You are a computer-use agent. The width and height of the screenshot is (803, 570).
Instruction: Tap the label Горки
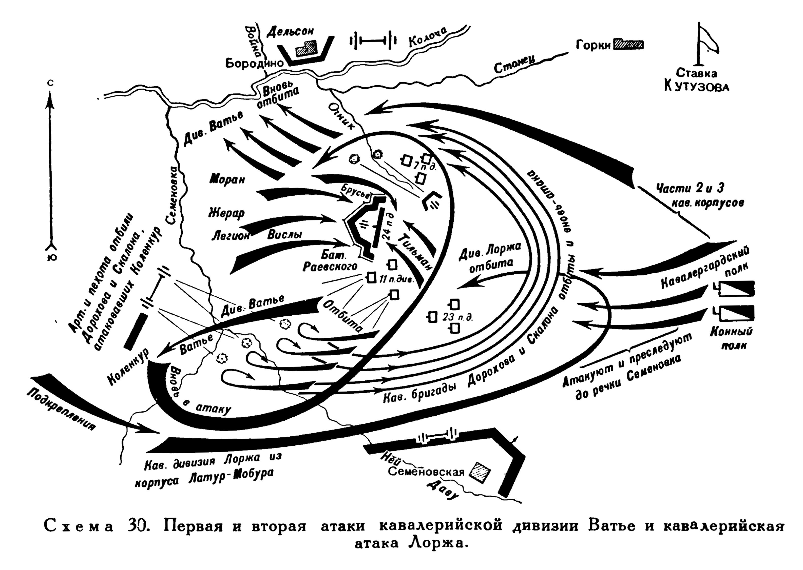[593, 45]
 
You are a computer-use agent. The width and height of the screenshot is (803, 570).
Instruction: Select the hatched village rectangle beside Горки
[628, 45]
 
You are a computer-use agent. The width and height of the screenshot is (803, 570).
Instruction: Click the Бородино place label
[254, 63]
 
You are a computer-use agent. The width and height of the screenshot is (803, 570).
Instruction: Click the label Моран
[227, 179]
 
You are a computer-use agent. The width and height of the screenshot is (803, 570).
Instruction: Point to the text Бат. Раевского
[330, 261]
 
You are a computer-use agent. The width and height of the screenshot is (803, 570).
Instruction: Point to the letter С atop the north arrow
[51, 83]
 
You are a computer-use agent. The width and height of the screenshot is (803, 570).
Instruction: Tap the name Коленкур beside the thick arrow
[128, 367]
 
